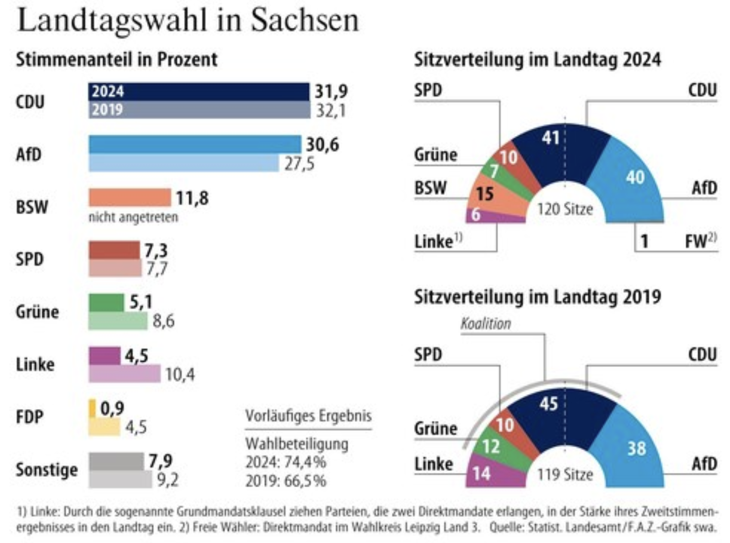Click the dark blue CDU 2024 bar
click(198, 91)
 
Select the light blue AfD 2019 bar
click(183, 163)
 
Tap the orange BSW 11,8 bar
click(129, 197)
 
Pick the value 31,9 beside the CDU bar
click(331, 91)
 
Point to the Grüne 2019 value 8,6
click(163, 321)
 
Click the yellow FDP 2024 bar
click(92, 408)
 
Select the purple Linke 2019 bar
click(125, 374)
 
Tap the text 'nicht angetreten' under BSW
click(133, 218)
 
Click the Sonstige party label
click(47, 470)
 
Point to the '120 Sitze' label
click(565, 209)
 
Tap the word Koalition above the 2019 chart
click(486, 324)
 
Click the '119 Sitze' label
click(565, 474)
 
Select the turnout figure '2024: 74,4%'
click(286, 462)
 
